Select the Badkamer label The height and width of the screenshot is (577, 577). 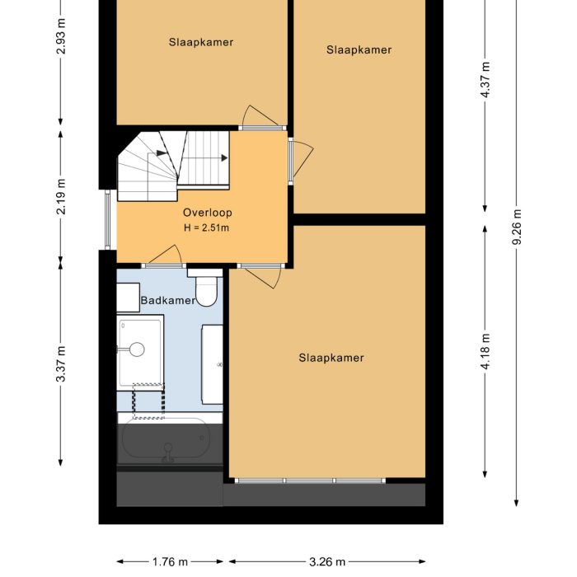coord(168,300)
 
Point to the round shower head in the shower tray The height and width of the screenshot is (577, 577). coord(138,349)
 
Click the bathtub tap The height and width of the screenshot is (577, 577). coord(168,449)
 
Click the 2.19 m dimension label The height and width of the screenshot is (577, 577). coord(61,196)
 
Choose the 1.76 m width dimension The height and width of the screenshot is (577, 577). coord(169,562)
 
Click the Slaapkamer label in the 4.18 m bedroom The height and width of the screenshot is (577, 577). coord(331,358)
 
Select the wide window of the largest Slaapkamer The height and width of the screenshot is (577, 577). coord(309,481)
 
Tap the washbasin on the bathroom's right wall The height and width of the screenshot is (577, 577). coord(213,364)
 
